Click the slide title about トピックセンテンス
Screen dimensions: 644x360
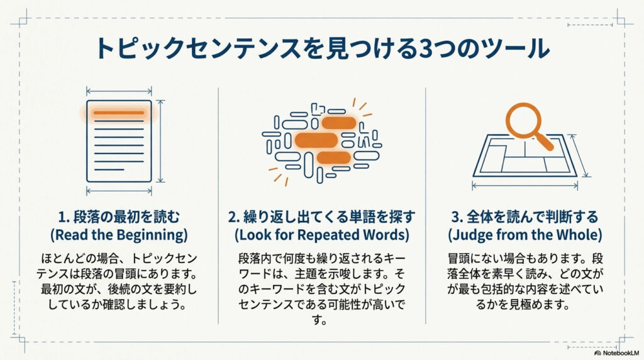pos(322,48)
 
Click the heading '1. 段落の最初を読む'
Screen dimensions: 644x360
pos(119,217)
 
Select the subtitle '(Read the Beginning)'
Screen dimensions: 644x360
pos(119,235)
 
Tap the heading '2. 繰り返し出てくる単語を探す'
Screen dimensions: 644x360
pos(321,217)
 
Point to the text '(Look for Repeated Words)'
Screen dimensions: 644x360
pos(322,235)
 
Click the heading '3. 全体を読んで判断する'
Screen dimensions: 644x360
pos(525,217)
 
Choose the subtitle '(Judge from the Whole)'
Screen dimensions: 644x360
pos(525,235)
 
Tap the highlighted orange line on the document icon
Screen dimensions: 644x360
pos(119,112)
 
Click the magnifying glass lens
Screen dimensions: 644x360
pos(522,120)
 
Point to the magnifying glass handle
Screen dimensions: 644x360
pos(545,142)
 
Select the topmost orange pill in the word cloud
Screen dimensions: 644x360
pos(339,123)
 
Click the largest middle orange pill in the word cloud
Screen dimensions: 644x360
pos(316,140)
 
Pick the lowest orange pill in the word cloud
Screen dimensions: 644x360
pos(334,157)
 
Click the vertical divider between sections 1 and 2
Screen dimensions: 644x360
pos(218,205)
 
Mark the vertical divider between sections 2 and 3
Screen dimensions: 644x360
pos(426,205)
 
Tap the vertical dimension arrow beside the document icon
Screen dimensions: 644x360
pos(160,141)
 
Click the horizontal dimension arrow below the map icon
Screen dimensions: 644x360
pos(525,186)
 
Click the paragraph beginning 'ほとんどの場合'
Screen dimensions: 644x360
pos(119,281)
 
